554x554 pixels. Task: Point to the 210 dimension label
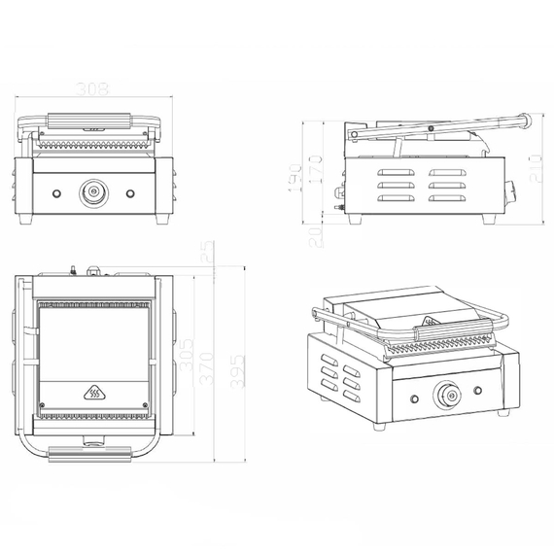[535, 171]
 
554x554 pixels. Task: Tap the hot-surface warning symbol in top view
[94, 394]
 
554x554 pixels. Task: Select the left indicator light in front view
[56, 191]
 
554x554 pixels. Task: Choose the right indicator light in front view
[131, 191]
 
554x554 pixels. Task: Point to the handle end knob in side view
[526, 121]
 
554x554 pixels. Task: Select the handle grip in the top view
[94, 452]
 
